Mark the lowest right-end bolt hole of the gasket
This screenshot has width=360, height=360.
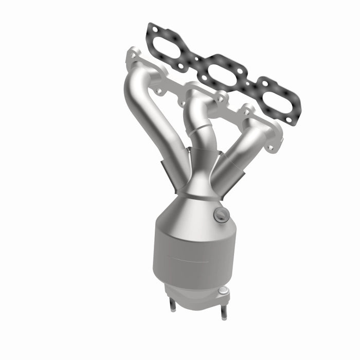[x=290, y=120]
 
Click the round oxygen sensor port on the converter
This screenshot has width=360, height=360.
[x=221, y=215]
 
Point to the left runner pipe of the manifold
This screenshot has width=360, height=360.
[x=154, y=118]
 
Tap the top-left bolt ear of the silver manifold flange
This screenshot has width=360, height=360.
[x=133, y=54]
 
